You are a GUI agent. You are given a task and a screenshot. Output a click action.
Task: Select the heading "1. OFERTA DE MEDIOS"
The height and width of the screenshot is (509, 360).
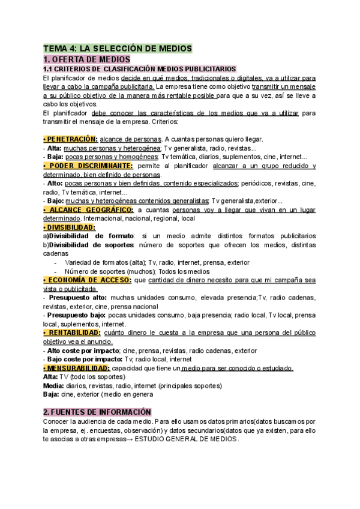(x=86, y=59)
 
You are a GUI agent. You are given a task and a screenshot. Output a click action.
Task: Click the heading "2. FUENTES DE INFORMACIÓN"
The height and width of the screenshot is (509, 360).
(x=97, y=412)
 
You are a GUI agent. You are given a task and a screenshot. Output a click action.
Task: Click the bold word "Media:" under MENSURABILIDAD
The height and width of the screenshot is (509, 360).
(x=53, y=385)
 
